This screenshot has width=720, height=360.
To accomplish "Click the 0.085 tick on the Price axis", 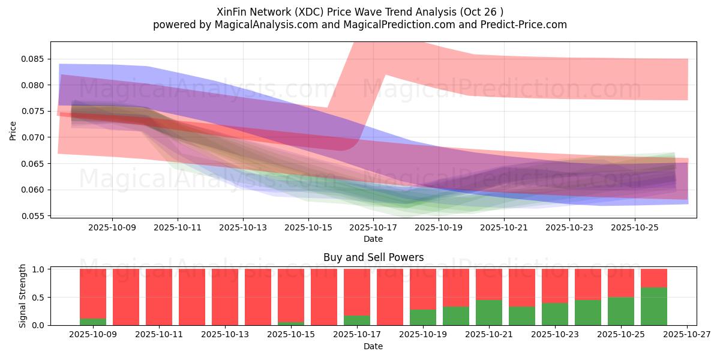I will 34,59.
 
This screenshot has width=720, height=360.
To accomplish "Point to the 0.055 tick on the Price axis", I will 34,216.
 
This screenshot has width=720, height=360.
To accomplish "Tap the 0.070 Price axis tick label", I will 34,137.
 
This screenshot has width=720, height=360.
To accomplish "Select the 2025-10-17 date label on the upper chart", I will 374,228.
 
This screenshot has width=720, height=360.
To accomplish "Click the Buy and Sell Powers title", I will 373,257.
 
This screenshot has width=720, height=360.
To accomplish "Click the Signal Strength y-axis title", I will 22,296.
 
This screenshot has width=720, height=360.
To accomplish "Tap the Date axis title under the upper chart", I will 373,239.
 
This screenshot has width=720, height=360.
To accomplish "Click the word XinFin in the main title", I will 232,11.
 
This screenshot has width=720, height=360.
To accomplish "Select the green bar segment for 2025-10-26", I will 654,306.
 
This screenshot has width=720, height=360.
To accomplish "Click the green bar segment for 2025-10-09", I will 93,322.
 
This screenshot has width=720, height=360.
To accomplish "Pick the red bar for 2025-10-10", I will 126,297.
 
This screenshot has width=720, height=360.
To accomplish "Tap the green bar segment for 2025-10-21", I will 489,313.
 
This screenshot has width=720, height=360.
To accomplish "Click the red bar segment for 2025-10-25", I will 621,283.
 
